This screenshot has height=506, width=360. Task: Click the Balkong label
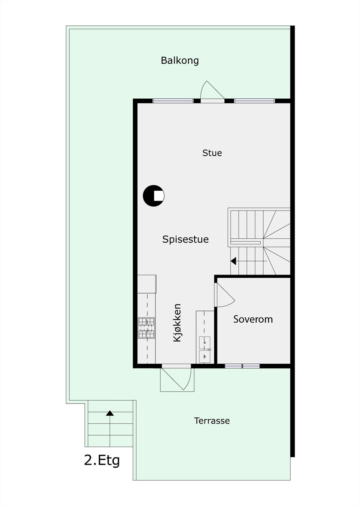click(180, 60)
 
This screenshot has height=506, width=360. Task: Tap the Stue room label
click(212, 153)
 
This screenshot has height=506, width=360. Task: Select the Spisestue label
click(185, 239)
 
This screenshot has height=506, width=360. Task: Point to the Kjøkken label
click(177, 323)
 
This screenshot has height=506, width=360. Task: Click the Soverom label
click(253, 319)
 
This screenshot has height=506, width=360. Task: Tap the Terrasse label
click(212, 421)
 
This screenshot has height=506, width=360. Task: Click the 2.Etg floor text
click(102, 460)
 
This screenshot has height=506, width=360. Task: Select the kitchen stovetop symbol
click(146, 328)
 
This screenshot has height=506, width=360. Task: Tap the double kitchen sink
click(204, 349)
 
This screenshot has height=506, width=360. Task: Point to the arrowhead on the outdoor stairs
click(110, 413)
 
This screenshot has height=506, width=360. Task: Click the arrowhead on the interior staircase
click(234, 261)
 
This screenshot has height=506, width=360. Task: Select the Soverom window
click(242, 366)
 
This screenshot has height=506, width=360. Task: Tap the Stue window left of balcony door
click(173, 101)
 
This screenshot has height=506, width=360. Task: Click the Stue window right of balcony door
click(254, 101)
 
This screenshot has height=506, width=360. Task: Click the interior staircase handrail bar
click(246, 243)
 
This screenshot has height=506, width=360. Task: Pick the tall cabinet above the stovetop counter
click(147, 284)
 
